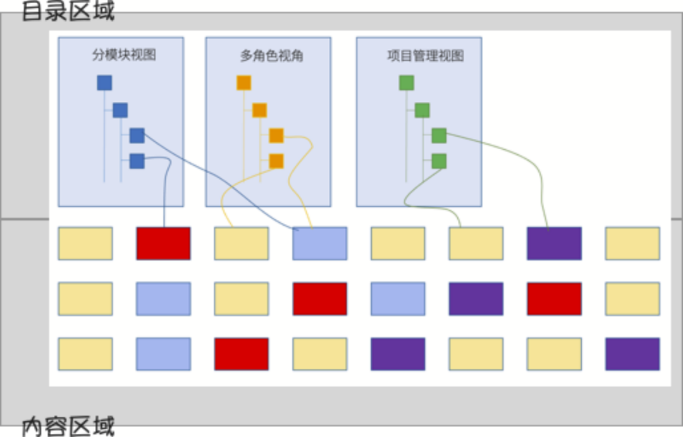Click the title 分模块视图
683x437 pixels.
(124, 56)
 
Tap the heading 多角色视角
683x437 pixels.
(271, 56)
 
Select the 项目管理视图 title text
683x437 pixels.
(425, 56)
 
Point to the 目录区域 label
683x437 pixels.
(68, 11)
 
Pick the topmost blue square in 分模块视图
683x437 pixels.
(104, 83)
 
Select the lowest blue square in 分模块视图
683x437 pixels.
(137, 161)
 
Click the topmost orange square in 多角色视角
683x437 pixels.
(243, 83)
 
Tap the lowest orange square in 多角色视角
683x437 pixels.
(276, 161)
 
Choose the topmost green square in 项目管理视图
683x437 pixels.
(407, 83)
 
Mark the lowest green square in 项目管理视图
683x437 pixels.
(440, 161)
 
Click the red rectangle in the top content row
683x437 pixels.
(163, 243)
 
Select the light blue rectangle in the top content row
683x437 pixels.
(319, 243)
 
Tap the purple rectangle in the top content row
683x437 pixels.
(554, 243)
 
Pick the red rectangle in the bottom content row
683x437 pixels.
(242, 354)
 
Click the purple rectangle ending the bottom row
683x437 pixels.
(632, 354)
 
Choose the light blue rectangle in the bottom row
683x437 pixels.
(163, 354)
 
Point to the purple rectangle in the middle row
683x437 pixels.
(476, 299)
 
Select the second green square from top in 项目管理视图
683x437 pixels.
(422, 111)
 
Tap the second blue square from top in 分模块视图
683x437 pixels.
(120, 111)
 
